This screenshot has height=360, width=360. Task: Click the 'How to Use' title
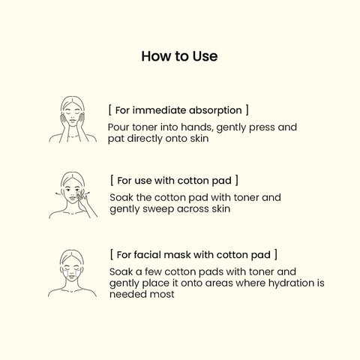[x=179, y=56]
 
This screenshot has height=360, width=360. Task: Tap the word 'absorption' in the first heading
[x=215, y=111]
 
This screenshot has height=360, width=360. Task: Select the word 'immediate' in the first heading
[x=159, y=110]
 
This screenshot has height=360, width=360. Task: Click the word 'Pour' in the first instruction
[x=118, y=127]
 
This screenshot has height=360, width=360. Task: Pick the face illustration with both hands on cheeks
[x=73, y=119]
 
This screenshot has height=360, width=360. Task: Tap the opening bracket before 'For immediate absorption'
[x=110, y=110]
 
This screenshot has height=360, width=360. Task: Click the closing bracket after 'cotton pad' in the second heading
[x=236, y=180]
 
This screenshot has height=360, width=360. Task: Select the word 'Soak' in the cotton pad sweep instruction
[x=121, y=197]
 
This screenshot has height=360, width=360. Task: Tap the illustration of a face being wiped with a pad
[x=73, y=195]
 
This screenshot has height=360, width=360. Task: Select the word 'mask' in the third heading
[x=177, y=255]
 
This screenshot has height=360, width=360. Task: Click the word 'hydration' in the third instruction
[x=289, y=283]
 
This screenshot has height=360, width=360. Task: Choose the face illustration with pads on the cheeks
[x=72, y=273]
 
